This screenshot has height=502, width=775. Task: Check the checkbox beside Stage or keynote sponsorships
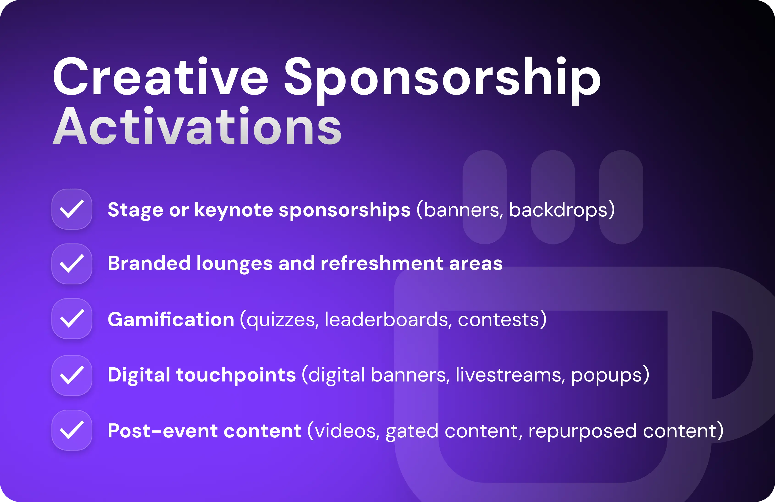72,209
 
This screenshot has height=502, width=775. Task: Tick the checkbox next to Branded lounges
72,264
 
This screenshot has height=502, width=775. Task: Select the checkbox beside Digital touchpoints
72,375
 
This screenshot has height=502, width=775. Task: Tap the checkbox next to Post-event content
72,430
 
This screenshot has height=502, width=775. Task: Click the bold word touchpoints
236,375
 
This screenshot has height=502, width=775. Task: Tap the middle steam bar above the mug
553,197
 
